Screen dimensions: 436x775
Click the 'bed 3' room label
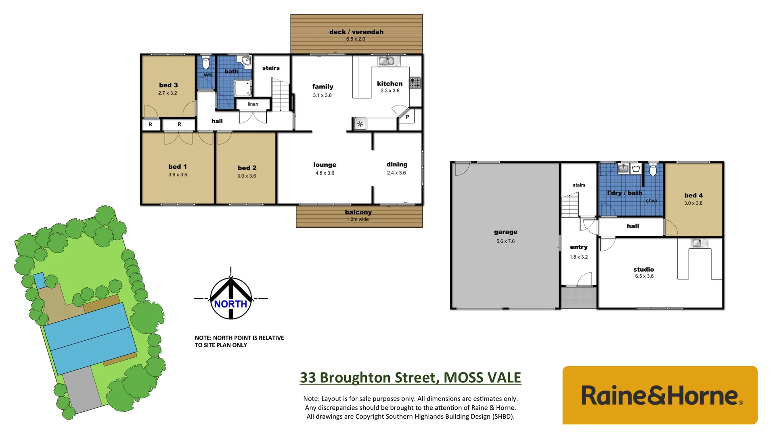[x=168, y=85]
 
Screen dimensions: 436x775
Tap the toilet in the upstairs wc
[x=206, y=63]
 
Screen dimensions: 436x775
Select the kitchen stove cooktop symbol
[x=415, y=83]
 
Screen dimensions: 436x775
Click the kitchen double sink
[x=389, y=61]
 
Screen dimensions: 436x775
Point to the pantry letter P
[x=407, y=117]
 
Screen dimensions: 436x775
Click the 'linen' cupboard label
[x=253, y=104]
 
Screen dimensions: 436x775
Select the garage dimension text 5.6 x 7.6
[x=505, y=241]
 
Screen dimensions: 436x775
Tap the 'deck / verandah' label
[x=356, y=32]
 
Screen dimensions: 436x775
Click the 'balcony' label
[x=358, y=212]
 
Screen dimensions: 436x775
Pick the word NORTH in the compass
[x=230, y=304]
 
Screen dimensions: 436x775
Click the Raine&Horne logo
[x=660, y=395]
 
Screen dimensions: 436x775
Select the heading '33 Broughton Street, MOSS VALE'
[x=410, y=377]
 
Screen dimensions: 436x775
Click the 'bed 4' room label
[x=693, y=195]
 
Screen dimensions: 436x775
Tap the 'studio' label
[x=643, y=269]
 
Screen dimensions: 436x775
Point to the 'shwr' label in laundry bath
[x=651, y=201]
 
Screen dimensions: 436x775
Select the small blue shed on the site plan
[x=39, y=280]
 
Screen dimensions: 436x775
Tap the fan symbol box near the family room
[x=360, y=124]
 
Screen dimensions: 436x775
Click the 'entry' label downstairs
[x=578, y=247]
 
